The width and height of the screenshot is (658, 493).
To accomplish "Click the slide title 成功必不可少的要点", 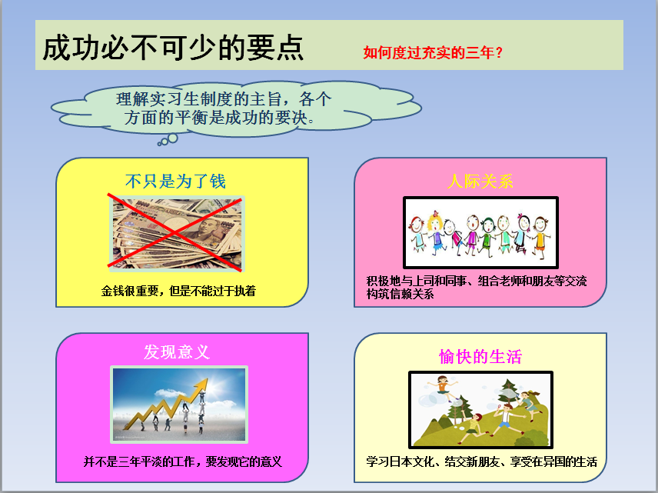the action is click(173, 48).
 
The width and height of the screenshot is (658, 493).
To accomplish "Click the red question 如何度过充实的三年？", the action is click(433, 52).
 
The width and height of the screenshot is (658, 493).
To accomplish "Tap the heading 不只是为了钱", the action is click(175, 182).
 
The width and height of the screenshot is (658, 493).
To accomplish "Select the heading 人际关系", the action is click(480, 182).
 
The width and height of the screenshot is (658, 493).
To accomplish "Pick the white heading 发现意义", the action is click(177, 352).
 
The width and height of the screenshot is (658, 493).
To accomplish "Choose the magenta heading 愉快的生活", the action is click(480, 357).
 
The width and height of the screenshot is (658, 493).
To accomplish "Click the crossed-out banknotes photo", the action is click(177, 234).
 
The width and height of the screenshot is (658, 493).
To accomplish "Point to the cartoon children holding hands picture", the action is click(480, 232).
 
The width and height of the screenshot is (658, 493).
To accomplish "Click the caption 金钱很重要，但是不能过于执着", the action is click(178, 291).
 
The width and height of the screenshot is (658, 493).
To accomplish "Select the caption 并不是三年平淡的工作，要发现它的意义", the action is click(182, 461).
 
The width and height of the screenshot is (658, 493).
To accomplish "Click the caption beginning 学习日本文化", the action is click(481, 461).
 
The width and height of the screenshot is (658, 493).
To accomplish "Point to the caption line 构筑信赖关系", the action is click(400, 294).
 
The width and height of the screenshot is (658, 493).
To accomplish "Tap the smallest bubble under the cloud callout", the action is click(159, 144).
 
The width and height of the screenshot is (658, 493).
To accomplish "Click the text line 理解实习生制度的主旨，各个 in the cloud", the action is click(224, 99).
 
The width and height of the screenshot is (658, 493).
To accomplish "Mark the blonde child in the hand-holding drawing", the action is click(435, 232).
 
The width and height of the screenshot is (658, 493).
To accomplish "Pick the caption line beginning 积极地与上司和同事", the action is click(477, 281).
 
